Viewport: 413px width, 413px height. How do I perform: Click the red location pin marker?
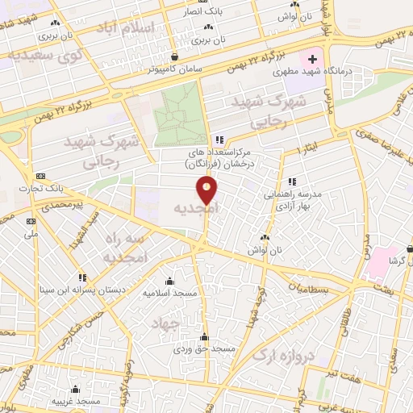pos(206,190)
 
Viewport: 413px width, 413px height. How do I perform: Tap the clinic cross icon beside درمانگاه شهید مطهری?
pos(312,60)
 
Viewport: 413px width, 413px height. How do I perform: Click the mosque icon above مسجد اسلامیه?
pos(169,281)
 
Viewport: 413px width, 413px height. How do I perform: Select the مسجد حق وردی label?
pos(205,349)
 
